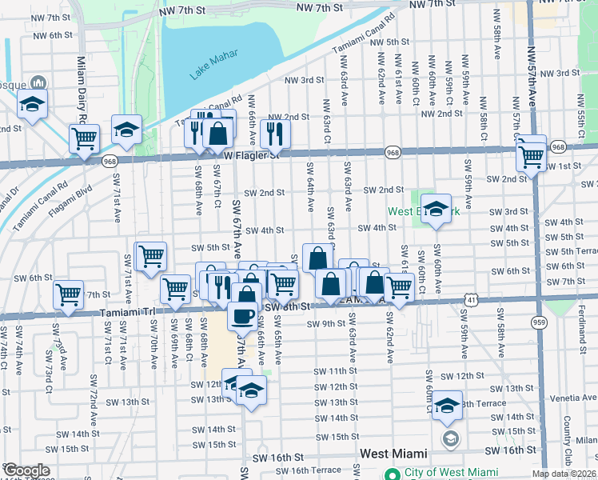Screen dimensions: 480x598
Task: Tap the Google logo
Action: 26,470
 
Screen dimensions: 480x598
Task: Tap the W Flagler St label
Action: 254,155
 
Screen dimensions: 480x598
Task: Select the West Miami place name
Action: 397,454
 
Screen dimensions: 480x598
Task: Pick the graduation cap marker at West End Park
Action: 436,209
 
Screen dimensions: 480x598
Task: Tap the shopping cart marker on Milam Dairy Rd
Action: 84,138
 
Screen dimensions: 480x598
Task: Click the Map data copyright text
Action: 564,474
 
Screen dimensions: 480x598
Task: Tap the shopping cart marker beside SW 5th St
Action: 150,256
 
